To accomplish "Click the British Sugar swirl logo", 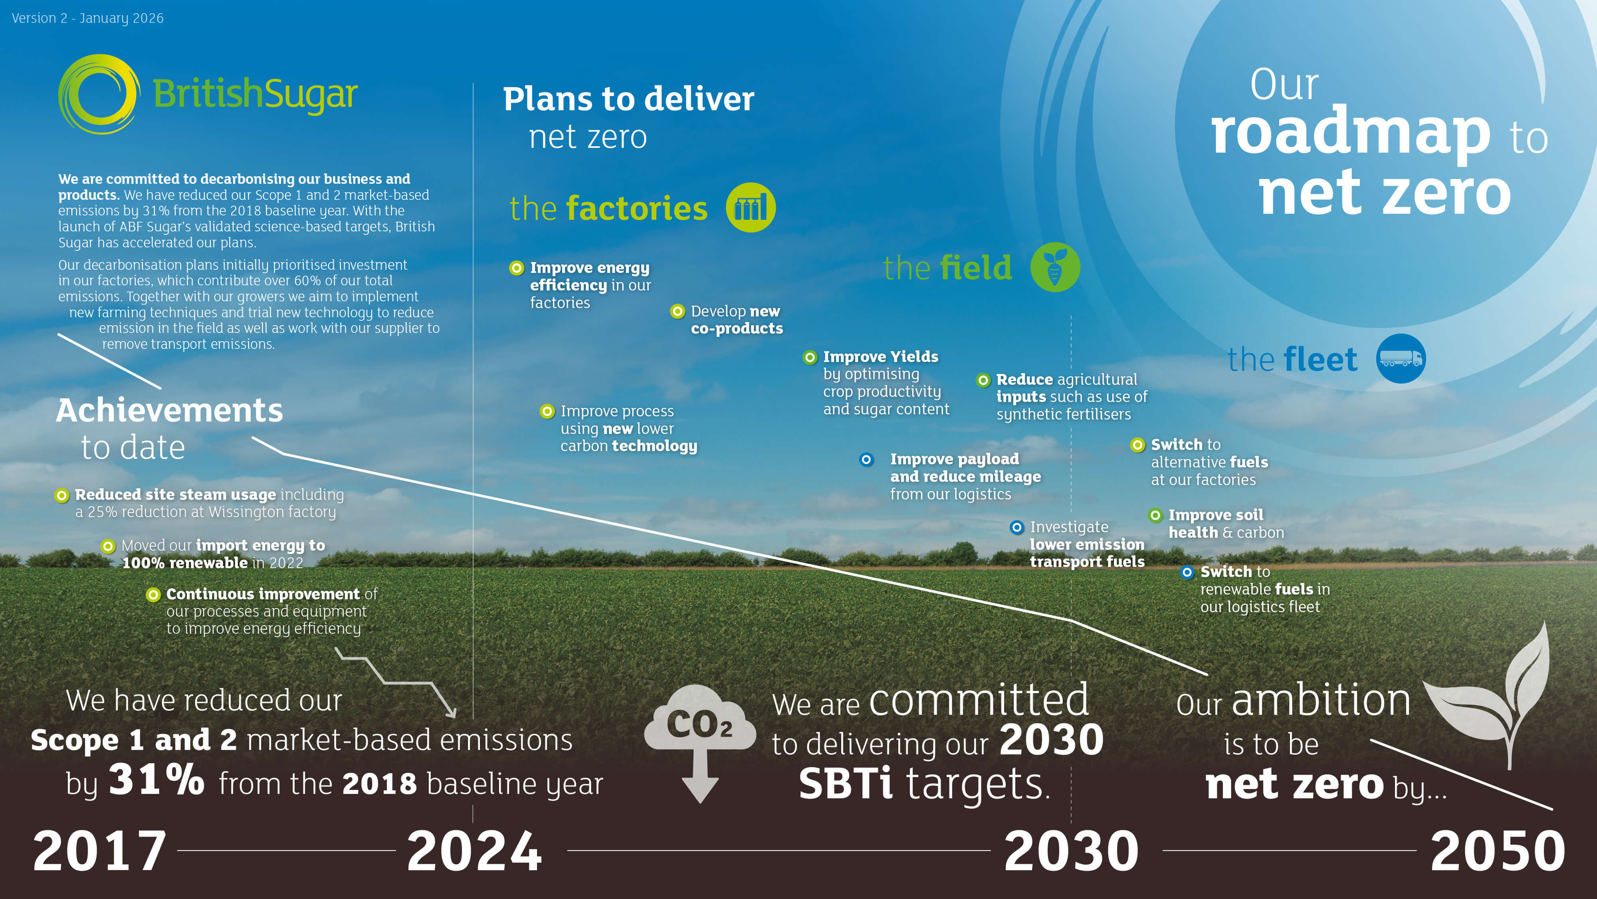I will [x=98, y=94].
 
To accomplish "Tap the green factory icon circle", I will [x=750, y=208].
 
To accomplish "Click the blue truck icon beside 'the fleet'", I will [x=1401, y=359].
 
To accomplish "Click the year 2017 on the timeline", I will [x=99, y=851].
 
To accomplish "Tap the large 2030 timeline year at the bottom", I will [x=1071, y=851].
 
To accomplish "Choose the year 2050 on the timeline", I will [x=1498, y=851].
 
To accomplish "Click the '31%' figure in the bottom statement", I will [x=156, y=780].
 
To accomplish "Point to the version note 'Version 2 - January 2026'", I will [x=87, y=18].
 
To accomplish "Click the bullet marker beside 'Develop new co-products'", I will [x=678, y=312].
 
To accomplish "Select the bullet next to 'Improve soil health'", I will [x=1155, y=515].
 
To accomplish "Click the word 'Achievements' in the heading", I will [x=169, y=411].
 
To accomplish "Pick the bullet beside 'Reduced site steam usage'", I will [x=61, y=495].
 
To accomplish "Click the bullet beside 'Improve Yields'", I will [x=810, y=357].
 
